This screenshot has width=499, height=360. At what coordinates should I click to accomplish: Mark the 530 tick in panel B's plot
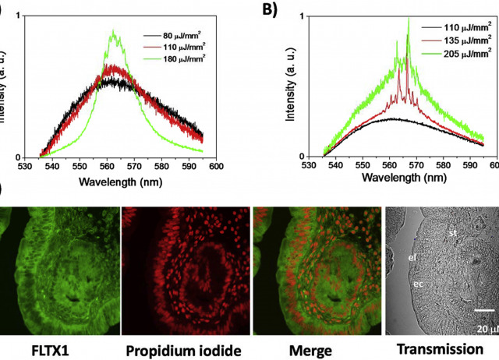click(x=310, y=166)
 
